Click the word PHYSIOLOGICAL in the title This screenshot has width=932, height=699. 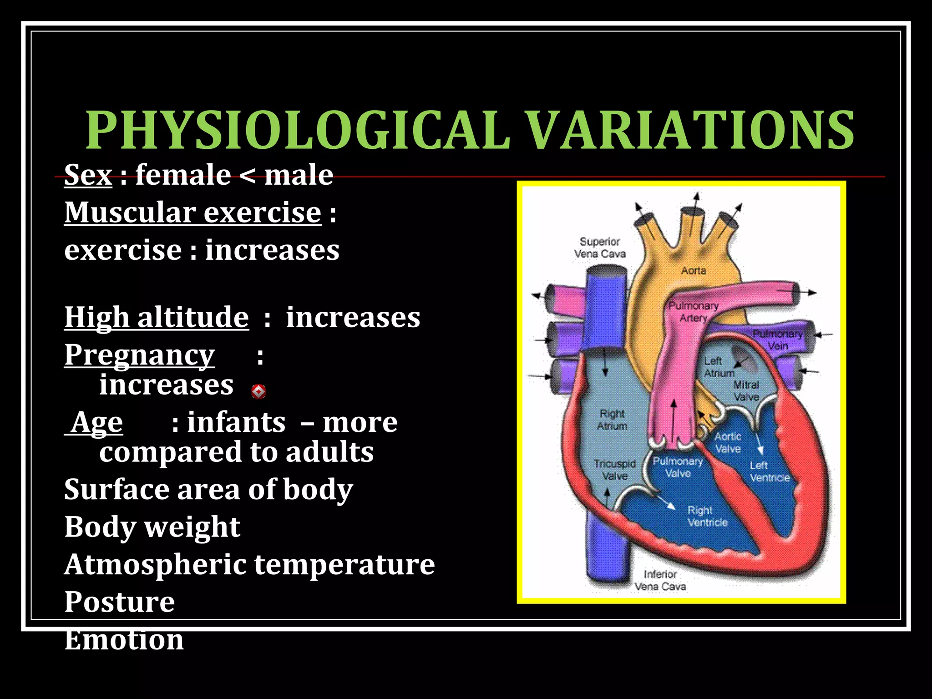298,131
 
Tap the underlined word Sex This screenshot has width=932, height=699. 88,175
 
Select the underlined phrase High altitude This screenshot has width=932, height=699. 157,317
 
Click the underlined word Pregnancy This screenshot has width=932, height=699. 139,355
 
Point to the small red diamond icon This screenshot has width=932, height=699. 258,391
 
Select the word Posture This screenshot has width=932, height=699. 120,602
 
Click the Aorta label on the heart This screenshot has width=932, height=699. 694,271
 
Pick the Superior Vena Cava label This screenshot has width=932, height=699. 600,248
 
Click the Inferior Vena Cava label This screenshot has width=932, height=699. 660,581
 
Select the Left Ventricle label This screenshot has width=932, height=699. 770,472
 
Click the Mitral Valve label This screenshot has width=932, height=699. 746,391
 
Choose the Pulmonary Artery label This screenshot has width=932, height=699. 693,312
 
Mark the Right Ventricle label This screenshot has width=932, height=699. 707,517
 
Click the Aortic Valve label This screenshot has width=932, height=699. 728,443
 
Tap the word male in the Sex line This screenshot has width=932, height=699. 299,175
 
